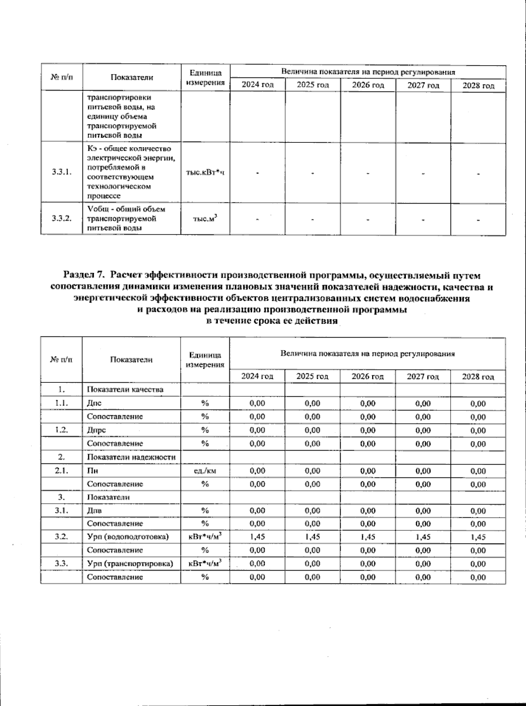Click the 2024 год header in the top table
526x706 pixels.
pyautogui.click(x=258, y=85)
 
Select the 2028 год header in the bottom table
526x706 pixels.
pyautogui.click(x=478, y=377)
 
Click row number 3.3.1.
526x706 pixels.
pyautogui.click(x=61, y=172)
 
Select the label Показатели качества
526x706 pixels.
pyautogui.click(x=125, y=389)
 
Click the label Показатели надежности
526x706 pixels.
pyautogui.click(x=131, y=457)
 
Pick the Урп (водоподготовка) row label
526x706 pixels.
pyautogui.click(x=128, y=537)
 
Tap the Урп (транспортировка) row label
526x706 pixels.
pyautogui.click(x=130, y=564)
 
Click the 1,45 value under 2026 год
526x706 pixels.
pyautogui.click(x=368, y=537)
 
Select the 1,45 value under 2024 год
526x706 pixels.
pyautogui.click(x=257, y=537)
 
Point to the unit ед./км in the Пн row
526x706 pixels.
pyautogui.click(x=205, y=471)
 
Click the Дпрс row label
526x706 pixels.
pyautogui.click(x=96, y=430)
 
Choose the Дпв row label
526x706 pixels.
pyautogui.click(x=95, y=511)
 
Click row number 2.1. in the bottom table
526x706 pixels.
pyautogui.click(x=61, y=471)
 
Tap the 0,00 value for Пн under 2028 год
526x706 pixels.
pyautogui.click(x=478, y=471)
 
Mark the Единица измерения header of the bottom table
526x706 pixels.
pyautogui.click(x=205, y=360)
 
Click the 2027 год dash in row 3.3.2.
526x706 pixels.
pyautogui.click(x=423, y=219)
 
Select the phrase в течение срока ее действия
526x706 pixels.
pyautogui.click(x=272, y=321)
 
